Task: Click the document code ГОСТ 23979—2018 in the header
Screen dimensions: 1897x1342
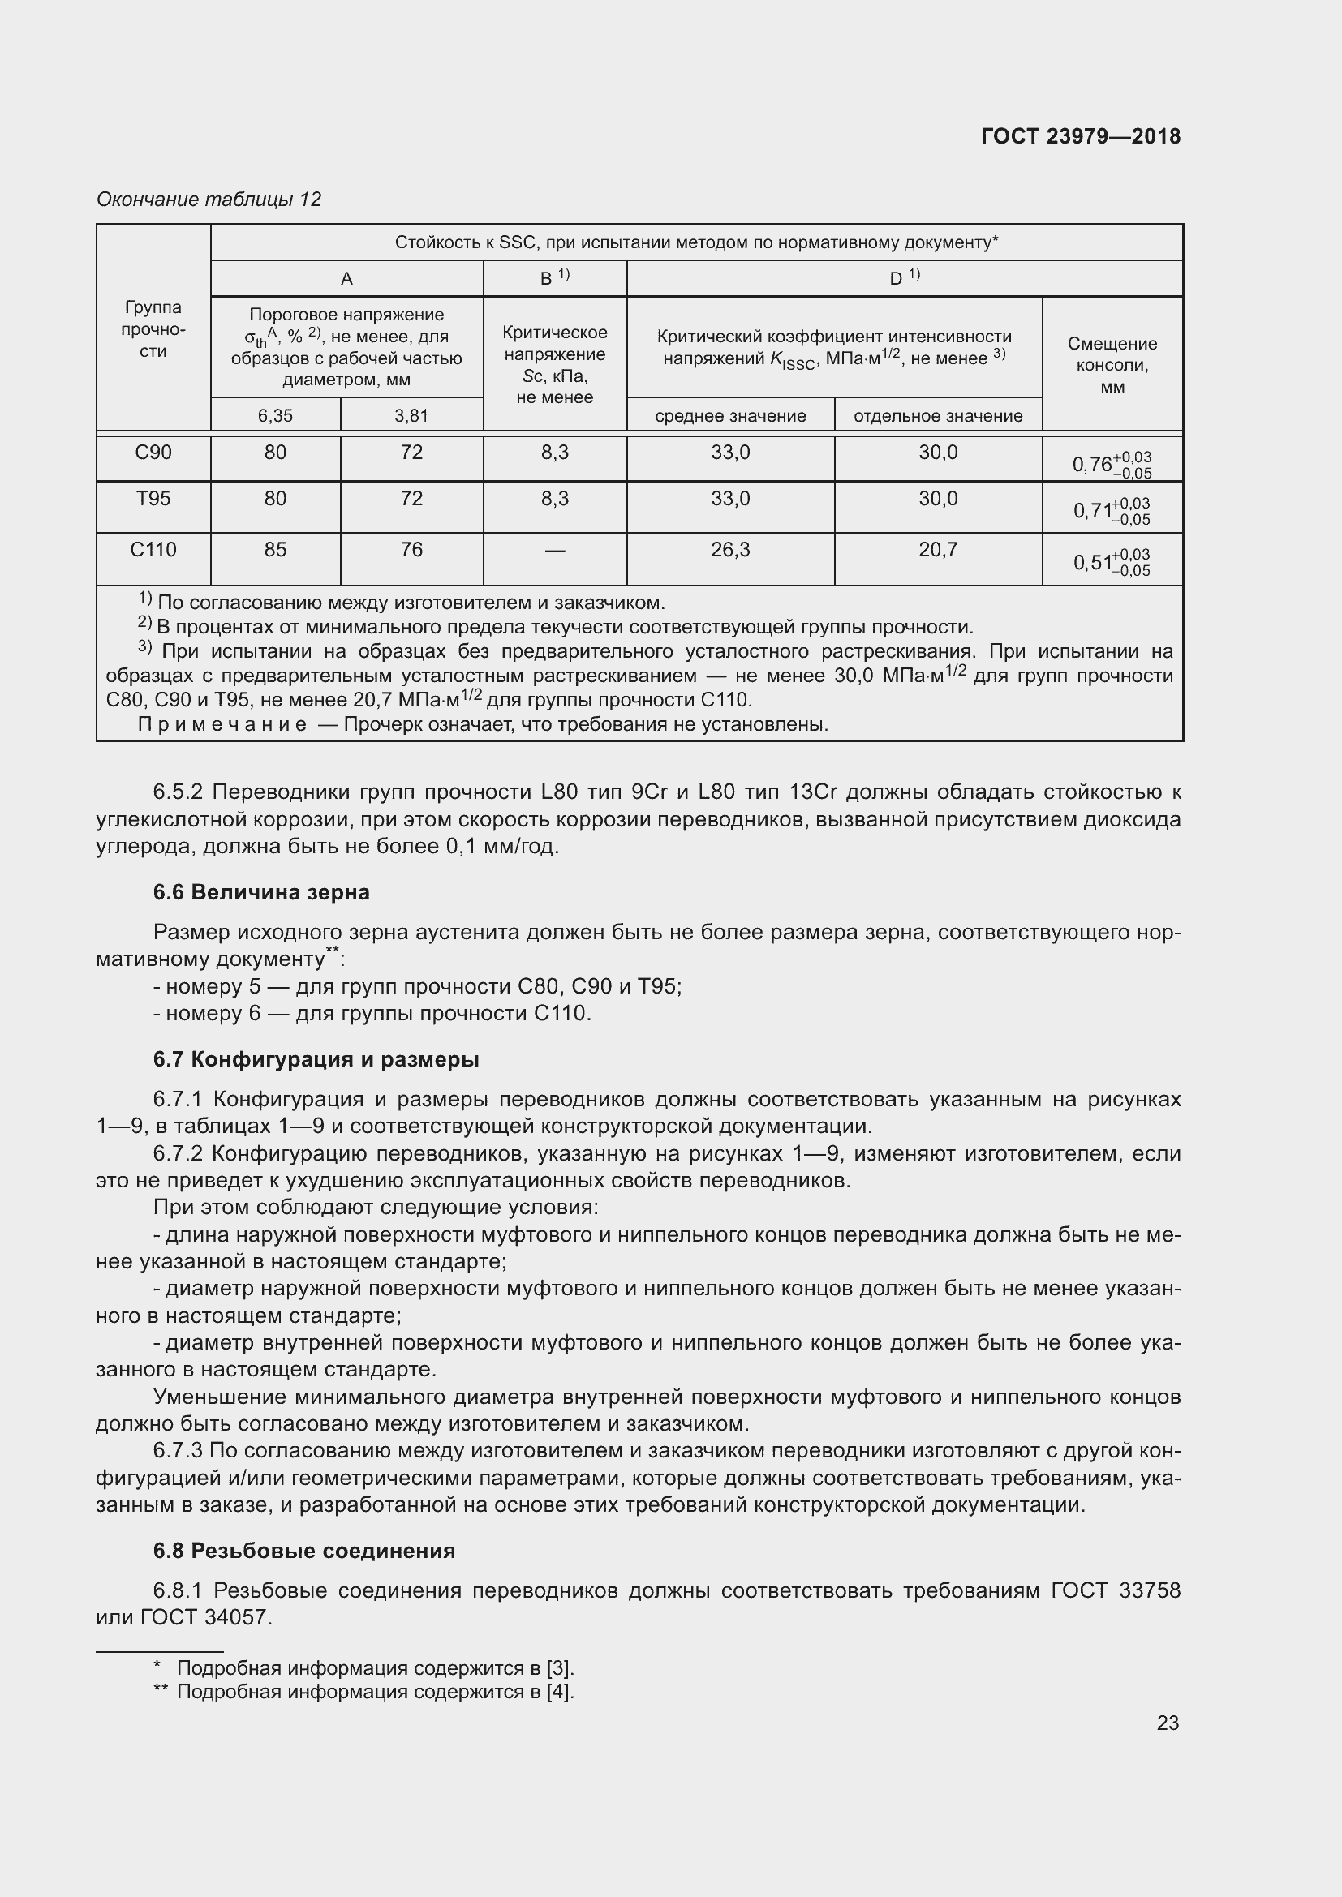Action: coord(1080,136)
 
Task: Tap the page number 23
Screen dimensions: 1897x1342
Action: coord(1167,1723)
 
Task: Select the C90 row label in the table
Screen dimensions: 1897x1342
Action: coord(153,453)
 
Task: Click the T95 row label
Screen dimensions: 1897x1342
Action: coord(153,499)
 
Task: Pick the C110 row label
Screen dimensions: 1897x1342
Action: coord(153,549)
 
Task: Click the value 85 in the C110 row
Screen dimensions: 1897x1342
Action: coord(275,549)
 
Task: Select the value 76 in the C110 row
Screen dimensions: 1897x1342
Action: coord(411,549)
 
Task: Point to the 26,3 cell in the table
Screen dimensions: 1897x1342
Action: coord(730,549)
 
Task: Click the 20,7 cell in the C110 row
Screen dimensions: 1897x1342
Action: coord(938,549)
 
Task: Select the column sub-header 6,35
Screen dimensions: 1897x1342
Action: coord(275,415)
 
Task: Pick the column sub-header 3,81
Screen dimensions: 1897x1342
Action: coord(411,415)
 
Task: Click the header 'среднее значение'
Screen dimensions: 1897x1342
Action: coord(730,415)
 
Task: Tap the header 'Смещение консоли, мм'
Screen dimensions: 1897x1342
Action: coord(1112,365)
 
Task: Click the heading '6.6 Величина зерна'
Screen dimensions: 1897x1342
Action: coord(261,892)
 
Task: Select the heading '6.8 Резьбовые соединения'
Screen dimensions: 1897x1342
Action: coord(304,1551)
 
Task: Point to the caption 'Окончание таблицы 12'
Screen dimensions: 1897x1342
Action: coord(209,200)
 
